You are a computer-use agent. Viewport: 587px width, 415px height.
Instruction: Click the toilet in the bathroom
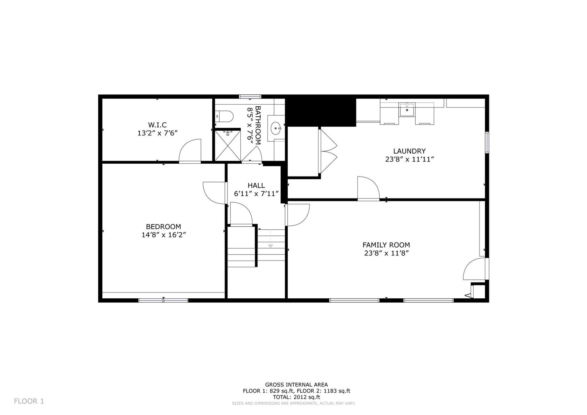(224, 116)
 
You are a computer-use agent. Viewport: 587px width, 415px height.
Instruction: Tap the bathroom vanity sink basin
(276, 128)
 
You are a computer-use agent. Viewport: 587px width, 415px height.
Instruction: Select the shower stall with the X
(228, 146)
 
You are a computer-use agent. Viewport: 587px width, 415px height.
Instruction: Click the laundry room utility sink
(407, 110)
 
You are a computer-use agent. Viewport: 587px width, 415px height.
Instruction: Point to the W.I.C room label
(157, 125)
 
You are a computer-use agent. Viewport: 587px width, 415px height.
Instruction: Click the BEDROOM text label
(163, 226)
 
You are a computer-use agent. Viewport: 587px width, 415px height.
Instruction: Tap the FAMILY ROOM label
(386, 245)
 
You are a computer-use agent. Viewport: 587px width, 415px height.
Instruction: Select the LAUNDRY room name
(409, 151)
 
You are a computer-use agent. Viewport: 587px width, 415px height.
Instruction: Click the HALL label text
(256, 185)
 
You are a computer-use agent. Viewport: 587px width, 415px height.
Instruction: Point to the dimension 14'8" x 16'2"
(164, 234)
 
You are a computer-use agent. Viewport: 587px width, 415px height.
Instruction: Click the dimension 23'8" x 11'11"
(409, 159)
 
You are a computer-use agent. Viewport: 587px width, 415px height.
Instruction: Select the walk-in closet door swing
(190, 151)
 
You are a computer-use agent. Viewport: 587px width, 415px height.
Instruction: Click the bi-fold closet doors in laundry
(328, 151)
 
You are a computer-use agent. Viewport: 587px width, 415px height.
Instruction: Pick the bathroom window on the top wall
(250, 97)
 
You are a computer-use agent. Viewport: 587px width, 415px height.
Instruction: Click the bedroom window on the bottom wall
(163, 300)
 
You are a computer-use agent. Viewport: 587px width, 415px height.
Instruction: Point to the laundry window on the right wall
(487, 142)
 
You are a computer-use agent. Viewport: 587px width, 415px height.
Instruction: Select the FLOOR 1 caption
(29, 401)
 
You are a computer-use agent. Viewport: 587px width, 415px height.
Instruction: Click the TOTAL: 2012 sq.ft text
(296, 397)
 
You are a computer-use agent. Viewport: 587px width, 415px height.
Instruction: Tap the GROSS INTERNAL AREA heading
(296, 385)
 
